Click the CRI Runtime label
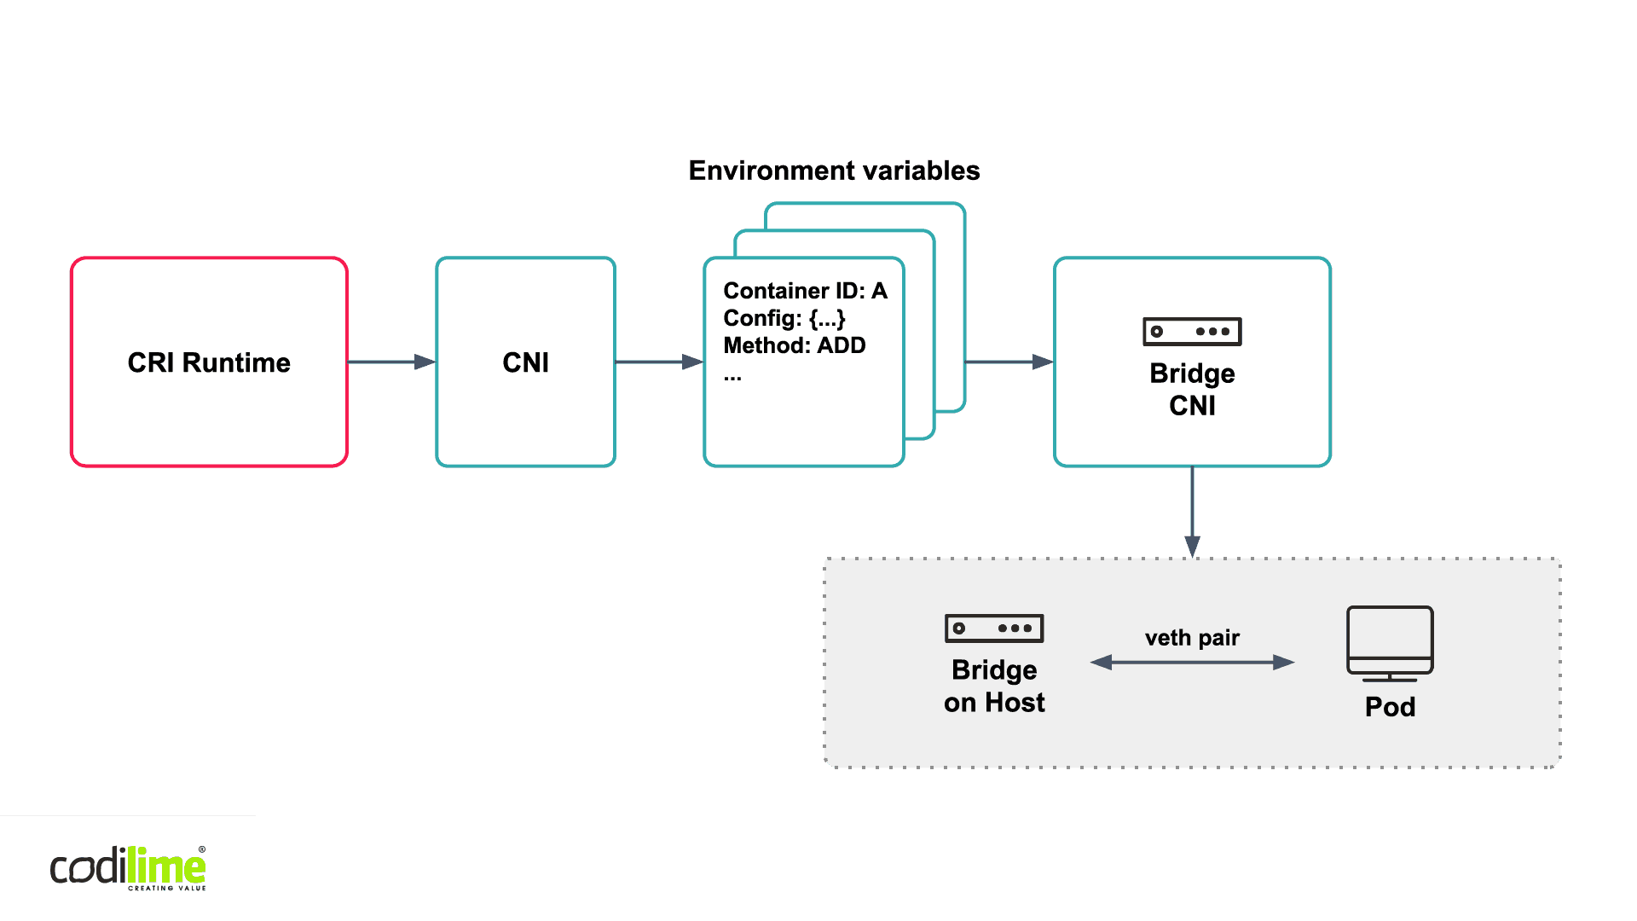tap(209, 362)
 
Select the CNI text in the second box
tap(525, 362)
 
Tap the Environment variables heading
tap(834, 171)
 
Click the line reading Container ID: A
tap(805, 291)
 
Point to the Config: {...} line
tap(784, 318)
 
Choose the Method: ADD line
tap(794, 345)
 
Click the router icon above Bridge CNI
tap(1192, 331)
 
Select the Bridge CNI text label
tap(1192, 389)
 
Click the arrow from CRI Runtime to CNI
tap(392, 362)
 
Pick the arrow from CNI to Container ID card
tap(658, 362)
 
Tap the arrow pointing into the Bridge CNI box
tap(1009, 362)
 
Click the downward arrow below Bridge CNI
tap(1192, 512)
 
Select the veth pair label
tap(1192, 638)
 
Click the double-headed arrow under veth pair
tap(1192, 662)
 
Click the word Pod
tap(1390, 707)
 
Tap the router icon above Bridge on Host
tap(994, 628)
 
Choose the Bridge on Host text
tap(994, 686)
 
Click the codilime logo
tap(128, 868)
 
